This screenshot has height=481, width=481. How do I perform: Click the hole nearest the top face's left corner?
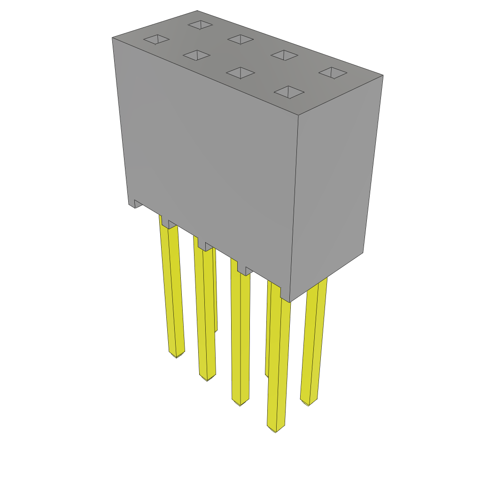156,39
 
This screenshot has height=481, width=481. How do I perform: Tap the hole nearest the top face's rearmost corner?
200,24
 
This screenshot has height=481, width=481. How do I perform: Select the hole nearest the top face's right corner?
333,72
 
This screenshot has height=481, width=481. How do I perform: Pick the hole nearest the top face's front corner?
289,92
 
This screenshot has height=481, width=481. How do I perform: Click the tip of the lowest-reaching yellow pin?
275,429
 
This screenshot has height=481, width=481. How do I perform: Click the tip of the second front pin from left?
207,378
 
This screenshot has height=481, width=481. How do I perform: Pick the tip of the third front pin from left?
240,403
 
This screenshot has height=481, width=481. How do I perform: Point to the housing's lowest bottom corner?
290,302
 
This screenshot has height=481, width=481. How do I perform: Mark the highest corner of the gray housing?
197,11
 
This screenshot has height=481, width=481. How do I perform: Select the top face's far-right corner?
383,75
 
